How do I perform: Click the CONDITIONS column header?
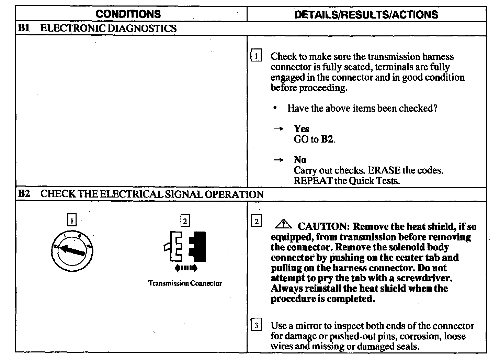point(128,14)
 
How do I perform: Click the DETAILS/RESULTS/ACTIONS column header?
point(366,14)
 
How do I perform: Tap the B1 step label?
point(23,28)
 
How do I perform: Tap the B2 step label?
point(24,194)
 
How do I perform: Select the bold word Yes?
point(301,129)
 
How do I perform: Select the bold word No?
point(300,160)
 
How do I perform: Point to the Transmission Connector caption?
point(185,283)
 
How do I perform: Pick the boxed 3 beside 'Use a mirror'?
point(257,325)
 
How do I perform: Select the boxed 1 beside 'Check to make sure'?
point(257,56)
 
